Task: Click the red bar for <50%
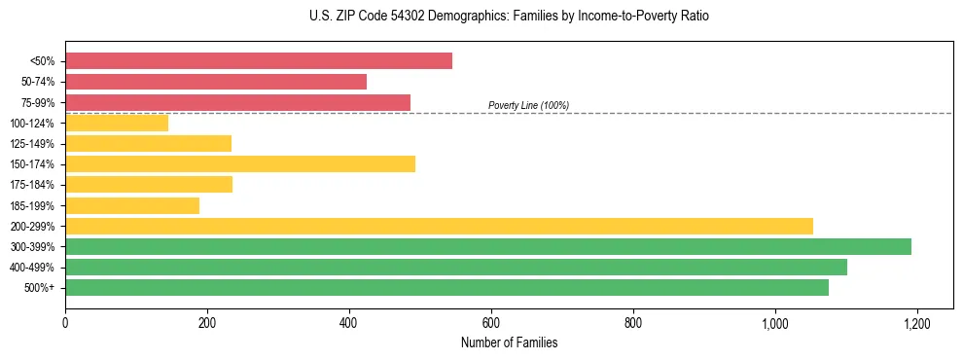tap(259, 61)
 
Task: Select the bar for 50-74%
tap(216, 82)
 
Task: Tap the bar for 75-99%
tap(237, 102)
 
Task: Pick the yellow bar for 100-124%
tap(117, 123)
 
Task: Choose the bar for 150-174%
tap(240, 163)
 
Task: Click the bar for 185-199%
tap(132, 205)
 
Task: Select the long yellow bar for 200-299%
tap(439, 226)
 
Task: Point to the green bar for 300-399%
tap(488, 246)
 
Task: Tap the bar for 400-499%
tap(456, 267)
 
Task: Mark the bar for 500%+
tap(446, 287)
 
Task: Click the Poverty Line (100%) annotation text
tap(528, 105)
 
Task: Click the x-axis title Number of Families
tap(509, 342)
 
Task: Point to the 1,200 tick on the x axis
tap(917, 323)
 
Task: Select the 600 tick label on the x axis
tap(491, 323)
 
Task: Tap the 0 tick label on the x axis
tap(65, 323)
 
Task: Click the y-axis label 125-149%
tap(32, 144)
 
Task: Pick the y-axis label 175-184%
tap(32, 185)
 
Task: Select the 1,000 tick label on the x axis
tap(775, 323)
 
